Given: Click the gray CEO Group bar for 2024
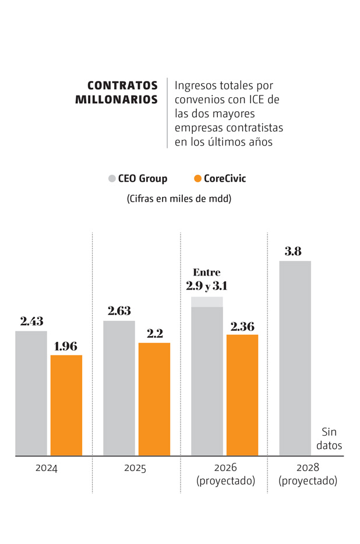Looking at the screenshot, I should [x=31, y=393].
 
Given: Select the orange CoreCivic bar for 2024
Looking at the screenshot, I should [x=66, y=405].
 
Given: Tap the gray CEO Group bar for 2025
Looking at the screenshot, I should [x=119, y=388].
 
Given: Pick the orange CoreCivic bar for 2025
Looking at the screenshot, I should [x=154, y=399].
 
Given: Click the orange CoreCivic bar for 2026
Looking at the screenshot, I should [x=242, y=395].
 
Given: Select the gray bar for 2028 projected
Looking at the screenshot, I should [x=295, y=358].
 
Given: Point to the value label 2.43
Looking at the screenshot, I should [x=31, y=321].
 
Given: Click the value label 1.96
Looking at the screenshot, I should [x=65, y=347].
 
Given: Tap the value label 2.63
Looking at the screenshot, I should [x=119, y=311].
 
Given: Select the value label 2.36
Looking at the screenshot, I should [x=242, y=326].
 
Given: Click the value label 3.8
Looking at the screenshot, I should [x=293, y=252].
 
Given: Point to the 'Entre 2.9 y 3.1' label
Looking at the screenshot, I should [x=207, y=280].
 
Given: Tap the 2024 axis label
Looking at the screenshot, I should [x=46, y=468].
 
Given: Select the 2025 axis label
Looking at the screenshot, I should [x=135, y=468].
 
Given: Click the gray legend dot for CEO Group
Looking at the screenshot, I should [x=112, y=179].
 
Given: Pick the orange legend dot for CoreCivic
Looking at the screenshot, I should [x=197, y=179].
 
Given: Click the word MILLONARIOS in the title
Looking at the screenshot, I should [x=117, y=100].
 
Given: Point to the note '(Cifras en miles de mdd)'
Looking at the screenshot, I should [x=179, y=199].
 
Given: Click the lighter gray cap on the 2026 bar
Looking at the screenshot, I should [x=207, y=302].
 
